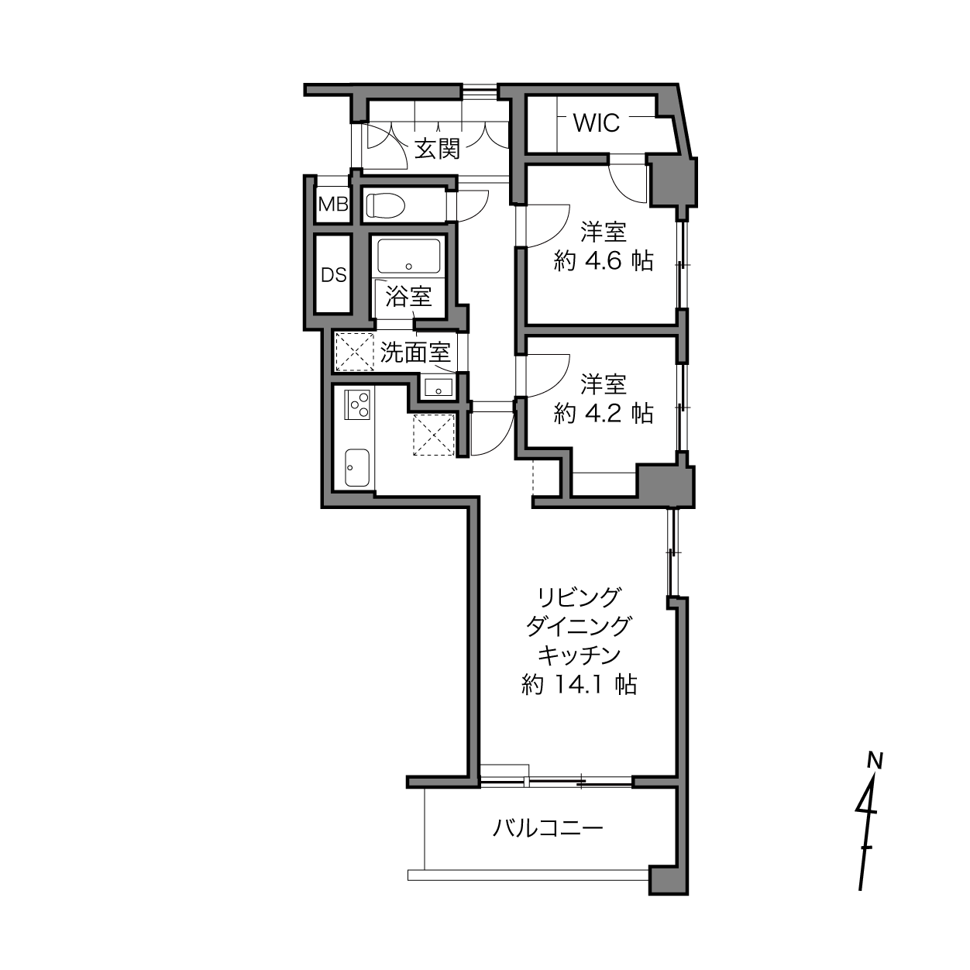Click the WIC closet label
tap(596, 122)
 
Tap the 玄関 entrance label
tap(437, 148)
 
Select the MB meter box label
tap(333, 205)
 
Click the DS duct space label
tap(334, 275)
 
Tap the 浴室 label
tap(408, 296)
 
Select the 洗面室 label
tap(415, 353)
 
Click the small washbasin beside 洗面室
tap(439, 387)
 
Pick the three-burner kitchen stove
tap(358, 404)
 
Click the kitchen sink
tap(356, 468)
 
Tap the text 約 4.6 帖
tap(604, 261)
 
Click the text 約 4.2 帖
tap(604, 413)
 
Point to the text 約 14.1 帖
tap(580, 684)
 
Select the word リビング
tap(580, 597)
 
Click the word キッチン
tap(580, 655)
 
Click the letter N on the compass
tap(875, 760)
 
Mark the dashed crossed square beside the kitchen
tap(433, 435)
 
